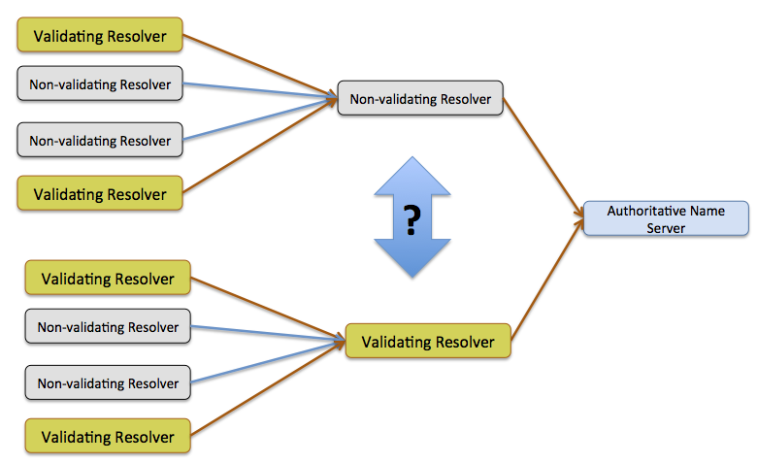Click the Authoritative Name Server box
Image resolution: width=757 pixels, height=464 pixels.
click(665, 218)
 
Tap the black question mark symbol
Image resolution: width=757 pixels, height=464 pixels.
click(411, 220)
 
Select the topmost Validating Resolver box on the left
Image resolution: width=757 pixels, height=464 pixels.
click(100, 37)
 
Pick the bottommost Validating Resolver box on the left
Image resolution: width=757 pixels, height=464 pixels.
click(108, 436)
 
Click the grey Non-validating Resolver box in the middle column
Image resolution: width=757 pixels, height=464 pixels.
click(420, 98)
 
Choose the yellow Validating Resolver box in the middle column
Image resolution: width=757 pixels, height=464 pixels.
click(428, 342)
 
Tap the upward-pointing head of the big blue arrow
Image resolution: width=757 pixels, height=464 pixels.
click(411, 175)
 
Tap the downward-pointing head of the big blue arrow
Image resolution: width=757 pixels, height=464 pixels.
click(411, 259)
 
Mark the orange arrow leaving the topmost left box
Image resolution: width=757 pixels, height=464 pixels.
click(257, 67)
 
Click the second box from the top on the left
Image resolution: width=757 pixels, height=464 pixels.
click(100, 84)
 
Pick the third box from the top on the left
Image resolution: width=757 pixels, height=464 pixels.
click(100, 141)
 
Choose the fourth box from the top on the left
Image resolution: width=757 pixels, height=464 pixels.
click(100, 194)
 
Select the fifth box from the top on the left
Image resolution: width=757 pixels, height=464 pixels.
click(108, 279)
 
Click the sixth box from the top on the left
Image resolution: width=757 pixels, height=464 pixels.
click(108, 327)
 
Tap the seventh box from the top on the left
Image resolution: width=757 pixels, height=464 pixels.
click(108, 383)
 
